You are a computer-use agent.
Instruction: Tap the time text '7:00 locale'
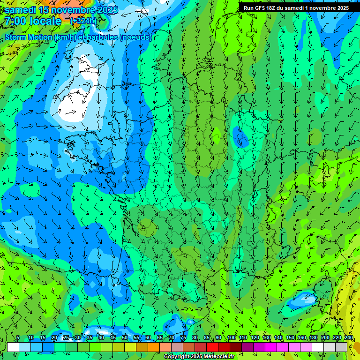tap(33, 21)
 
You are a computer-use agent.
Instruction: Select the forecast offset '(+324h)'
tap(83, 21)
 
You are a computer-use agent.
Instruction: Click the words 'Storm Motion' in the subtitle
tap(29, 37)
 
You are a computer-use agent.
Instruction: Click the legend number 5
tap(18, 338)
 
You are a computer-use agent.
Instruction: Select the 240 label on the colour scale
tap(349, 338)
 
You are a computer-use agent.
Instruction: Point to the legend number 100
tap(231, 338)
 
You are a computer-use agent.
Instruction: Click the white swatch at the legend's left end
tap(13, 347)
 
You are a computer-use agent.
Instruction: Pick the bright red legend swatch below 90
tap(212, 347)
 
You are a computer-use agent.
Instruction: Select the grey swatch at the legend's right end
tap(341, 347)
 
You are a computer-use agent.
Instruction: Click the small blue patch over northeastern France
tap(241, 137)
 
